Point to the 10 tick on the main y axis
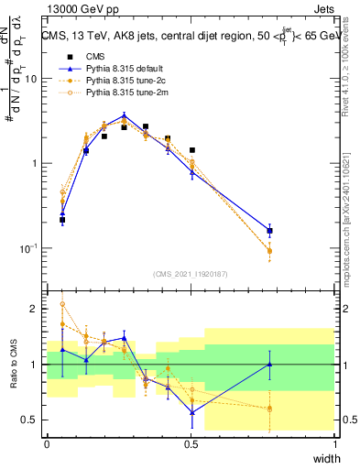coord(34,79)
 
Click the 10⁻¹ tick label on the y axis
coord(31,248)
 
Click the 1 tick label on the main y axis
coord(37,163)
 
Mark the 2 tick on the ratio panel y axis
coord(37,309)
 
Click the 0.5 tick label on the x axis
coord(191,444)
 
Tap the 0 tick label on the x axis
coord(47,444)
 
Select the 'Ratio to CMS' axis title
coord(12,365)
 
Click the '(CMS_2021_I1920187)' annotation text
coord(191,274)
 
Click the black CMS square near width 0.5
coord(191,150)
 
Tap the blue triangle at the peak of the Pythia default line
coord(125,116)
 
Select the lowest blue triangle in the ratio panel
coord(191,412)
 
